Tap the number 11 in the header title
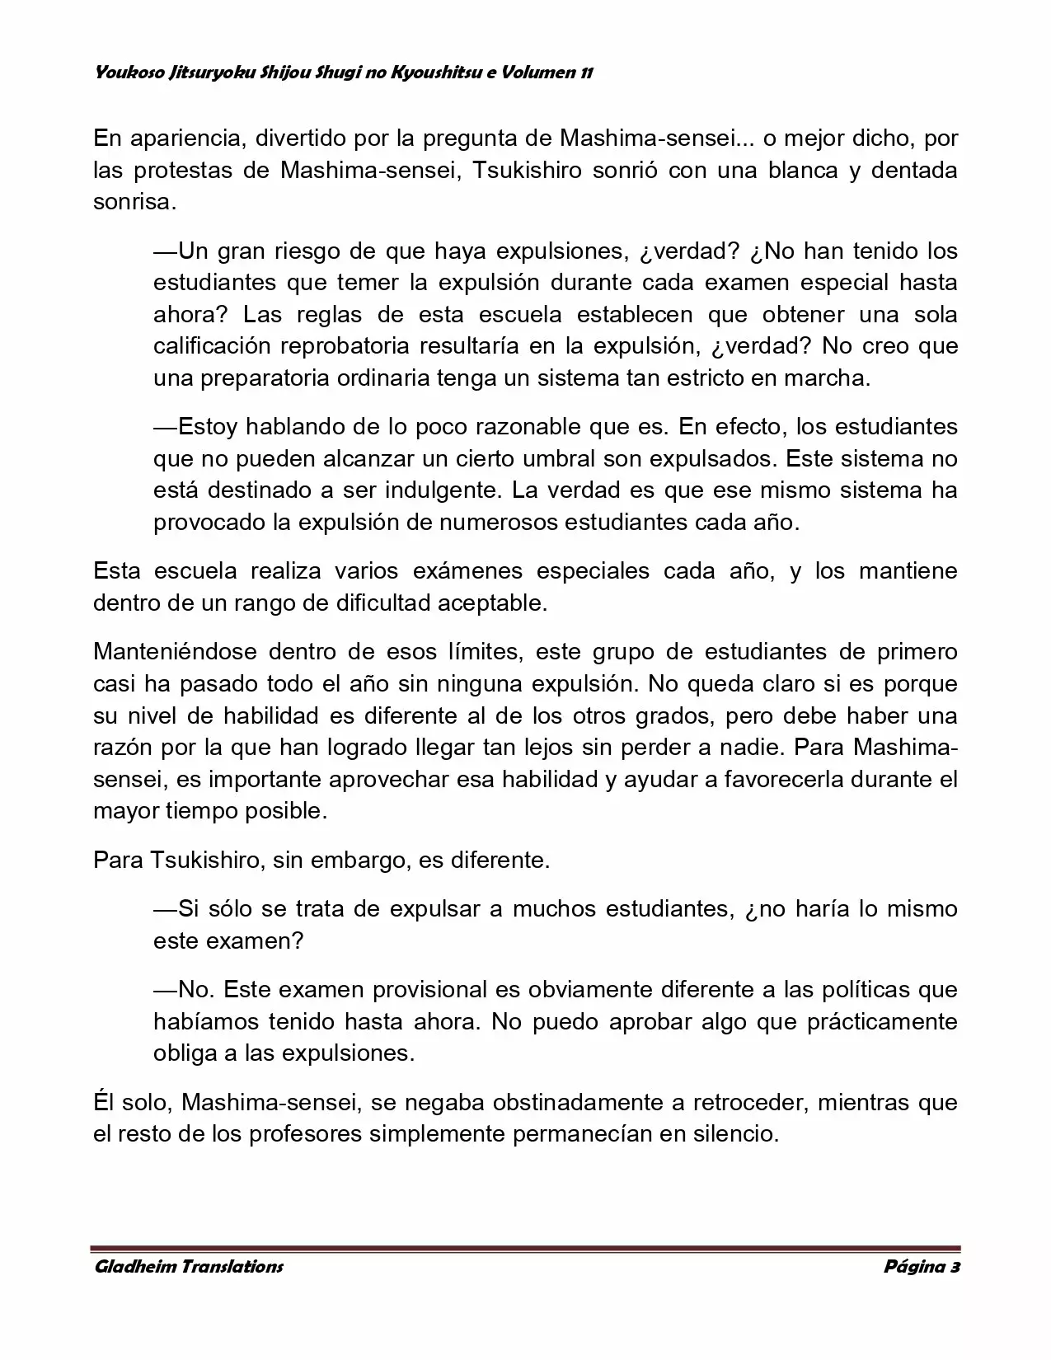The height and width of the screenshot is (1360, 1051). (x=585, y=73)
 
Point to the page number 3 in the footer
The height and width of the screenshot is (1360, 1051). (x=955, y=1266)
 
